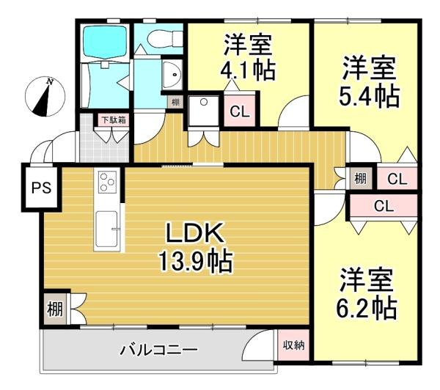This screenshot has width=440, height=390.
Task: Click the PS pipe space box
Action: pos(42,187)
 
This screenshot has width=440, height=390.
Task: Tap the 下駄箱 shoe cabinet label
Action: pos(114,120)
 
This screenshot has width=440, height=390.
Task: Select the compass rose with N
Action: pos(45,97)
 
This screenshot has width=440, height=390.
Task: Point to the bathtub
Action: pos(104,42)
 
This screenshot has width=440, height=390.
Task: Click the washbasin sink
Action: pos(172,75)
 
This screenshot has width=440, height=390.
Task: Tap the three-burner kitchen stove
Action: pos(107,182)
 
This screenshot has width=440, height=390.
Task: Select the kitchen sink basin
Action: pos(106,229)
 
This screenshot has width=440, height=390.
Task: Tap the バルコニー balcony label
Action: pos(159,350)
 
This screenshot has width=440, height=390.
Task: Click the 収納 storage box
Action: pos(293,345)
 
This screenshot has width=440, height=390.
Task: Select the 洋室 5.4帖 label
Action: pos(369,82)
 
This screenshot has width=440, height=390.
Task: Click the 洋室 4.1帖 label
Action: pos(248,57)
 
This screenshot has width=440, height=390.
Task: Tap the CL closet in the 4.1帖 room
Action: pos(240,111)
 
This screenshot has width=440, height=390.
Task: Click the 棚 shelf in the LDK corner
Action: pos(55,309)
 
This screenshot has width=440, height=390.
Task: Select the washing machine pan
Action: pos(203,111)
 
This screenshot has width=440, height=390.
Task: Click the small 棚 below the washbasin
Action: pos(175,102)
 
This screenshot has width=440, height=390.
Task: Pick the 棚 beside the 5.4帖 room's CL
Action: pos(361,178)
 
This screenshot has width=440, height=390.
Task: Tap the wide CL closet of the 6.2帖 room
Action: pos(384,206)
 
